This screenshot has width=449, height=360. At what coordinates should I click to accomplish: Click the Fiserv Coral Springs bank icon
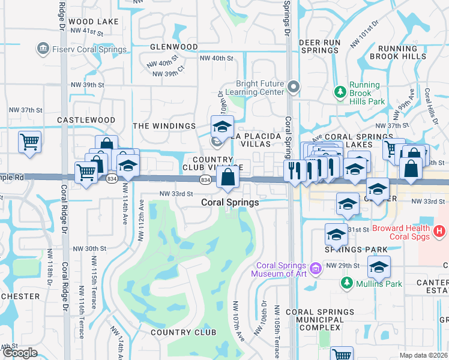[x=43, y=47]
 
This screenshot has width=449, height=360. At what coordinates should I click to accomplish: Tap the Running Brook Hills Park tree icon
[x=341, y=92]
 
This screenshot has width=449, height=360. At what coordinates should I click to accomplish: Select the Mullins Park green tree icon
[x=346, y=283]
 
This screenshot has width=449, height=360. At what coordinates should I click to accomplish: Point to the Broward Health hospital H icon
[x=440, y=230]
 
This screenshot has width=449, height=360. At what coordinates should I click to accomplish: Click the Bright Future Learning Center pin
[x=293, y=88]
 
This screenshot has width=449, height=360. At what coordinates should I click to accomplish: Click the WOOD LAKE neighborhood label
[x=93, y=22]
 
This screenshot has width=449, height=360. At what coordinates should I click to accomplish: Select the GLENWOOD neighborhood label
[x=174, y=46]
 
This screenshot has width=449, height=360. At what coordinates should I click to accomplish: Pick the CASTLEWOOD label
[x=86, y=120]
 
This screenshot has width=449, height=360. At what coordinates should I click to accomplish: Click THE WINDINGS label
[x=164, y=126]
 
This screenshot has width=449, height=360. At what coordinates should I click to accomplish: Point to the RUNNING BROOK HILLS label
[x=397, y=52]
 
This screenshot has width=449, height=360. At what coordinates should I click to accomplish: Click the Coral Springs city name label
[x=230, y=202]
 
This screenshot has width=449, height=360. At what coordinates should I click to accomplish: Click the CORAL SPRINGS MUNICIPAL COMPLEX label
[x=319, y=319]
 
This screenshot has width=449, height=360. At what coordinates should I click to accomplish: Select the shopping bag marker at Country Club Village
[x=228, y=178]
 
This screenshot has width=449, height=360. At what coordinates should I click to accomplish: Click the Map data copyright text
[x=423, y=355]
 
